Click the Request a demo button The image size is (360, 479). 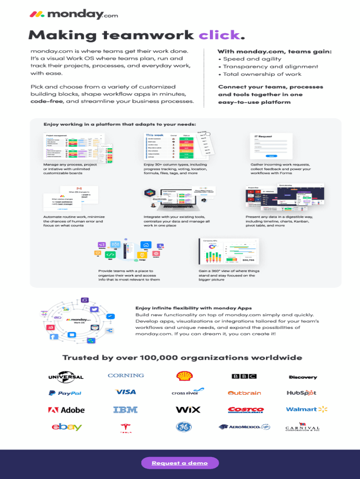180,463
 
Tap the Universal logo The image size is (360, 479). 66,376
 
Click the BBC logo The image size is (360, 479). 244,376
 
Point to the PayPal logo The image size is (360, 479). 65,393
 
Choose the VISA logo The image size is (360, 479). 126,392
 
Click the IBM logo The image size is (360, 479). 125,410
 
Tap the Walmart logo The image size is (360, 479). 307,409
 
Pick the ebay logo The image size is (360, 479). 66,427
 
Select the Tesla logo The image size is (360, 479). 126,428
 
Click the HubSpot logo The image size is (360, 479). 302,393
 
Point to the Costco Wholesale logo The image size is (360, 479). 245,410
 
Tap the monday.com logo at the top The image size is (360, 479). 74,15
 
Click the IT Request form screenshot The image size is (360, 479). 271,146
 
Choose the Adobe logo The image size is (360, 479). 66,410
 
